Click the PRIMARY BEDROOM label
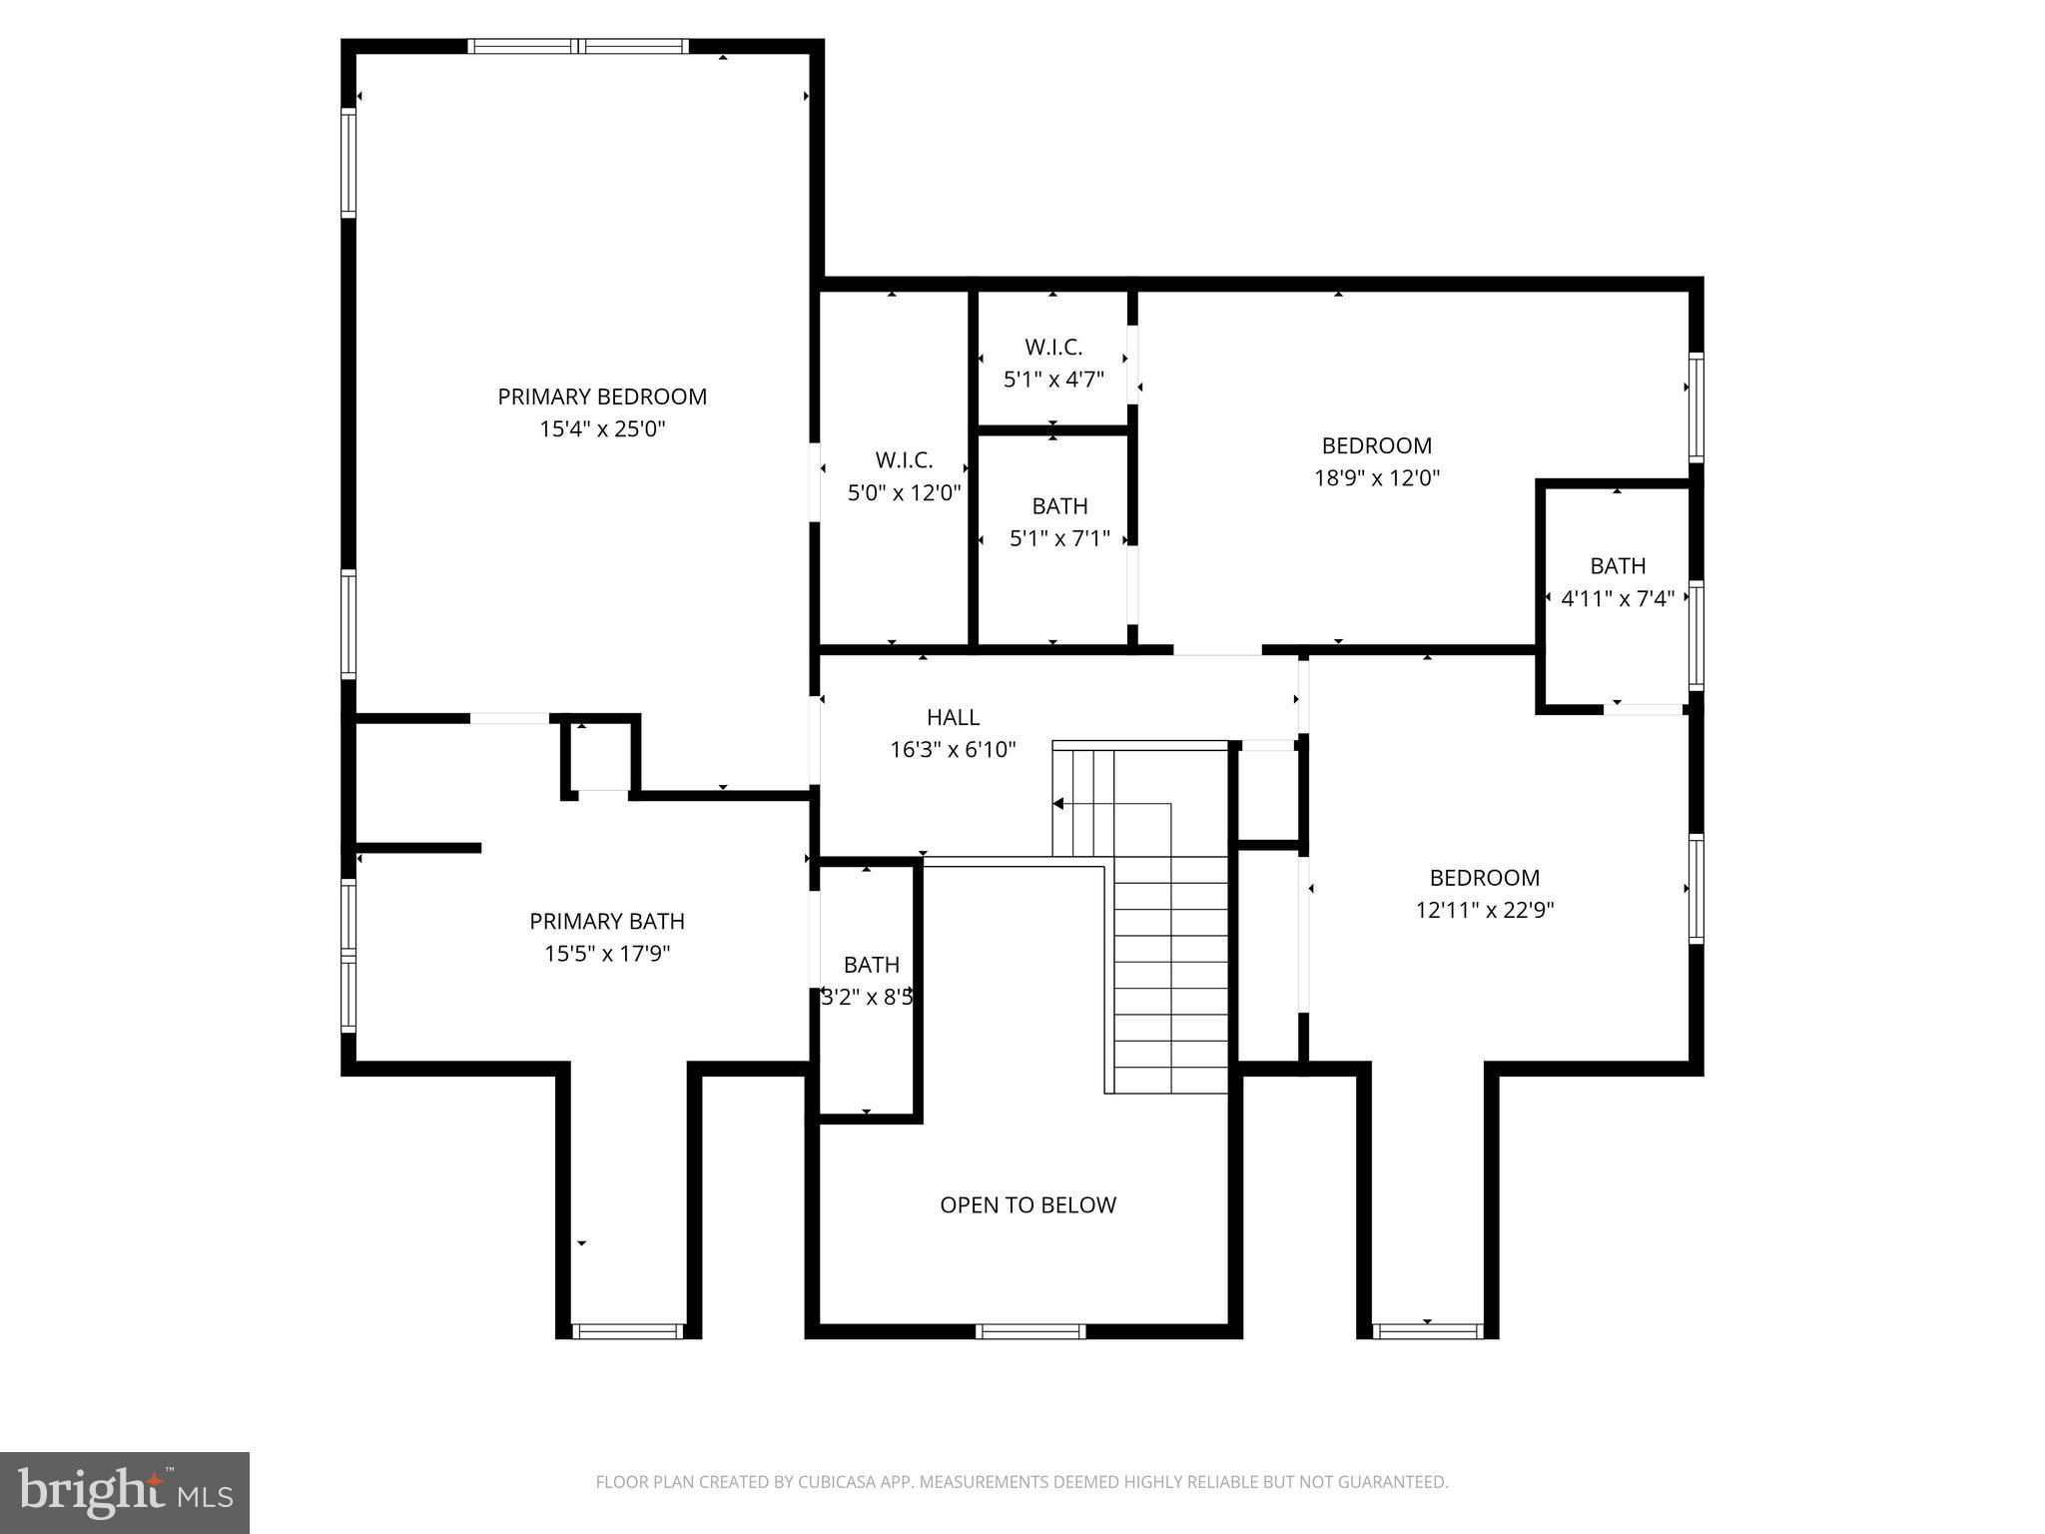pyautogui.click(x=602, y=396)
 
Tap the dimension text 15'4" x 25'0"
pyautogui.click(x=602, y=429)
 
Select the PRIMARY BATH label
pyautogui.click(x=607, y=921)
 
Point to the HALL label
pyautogui.click(x=953, y=717)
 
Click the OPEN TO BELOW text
pyautogui.click(x=1027, y=1204)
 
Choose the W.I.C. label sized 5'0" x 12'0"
pyautogui.click(x=904, y=460)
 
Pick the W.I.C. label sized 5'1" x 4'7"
pyautogui.click(x=1053, y=348)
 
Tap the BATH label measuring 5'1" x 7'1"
pyautogui.click(x=1059, y=506)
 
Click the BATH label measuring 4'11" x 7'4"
pyautogui.click(x=1618, y=566)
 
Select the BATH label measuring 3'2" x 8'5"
pyautogui.click(x=871, y=965)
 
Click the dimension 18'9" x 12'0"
pyautogui.click(x=1376, y=478)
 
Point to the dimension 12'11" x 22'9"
pyautogui.click(x=1485, y=910)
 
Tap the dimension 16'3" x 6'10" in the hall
pyautogui.click(x=953, y=749)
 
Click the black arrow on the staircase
pyautogui.click(x=1058, y=804)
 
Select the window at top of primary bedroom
pyautogui.click(x=577, y=46)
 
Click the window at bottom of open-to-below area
pyautogui.click(x=1029, y=1330)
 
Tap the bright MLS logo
pyautogui.click(x=125, y=1492)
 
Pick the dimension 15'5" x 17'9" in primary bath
pyautogui.click(x=607, y=954)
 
